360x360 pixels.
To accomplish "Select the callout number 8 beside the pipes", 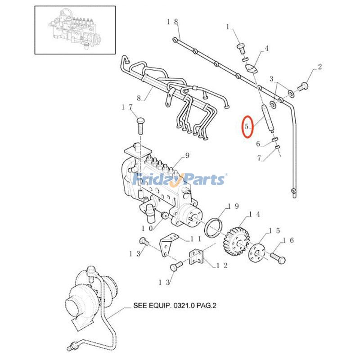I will (x=139, y=98).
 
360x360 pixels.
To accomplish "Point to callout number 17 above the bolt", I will (x=127, y=107).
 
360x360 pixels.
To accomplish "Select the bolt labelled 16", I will (x=277, y=258).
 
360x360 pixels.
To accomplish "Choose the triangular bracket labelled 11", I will (x=169, y=245).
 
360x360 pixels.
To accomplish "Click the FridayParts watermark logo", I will (x=180, y=180).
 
